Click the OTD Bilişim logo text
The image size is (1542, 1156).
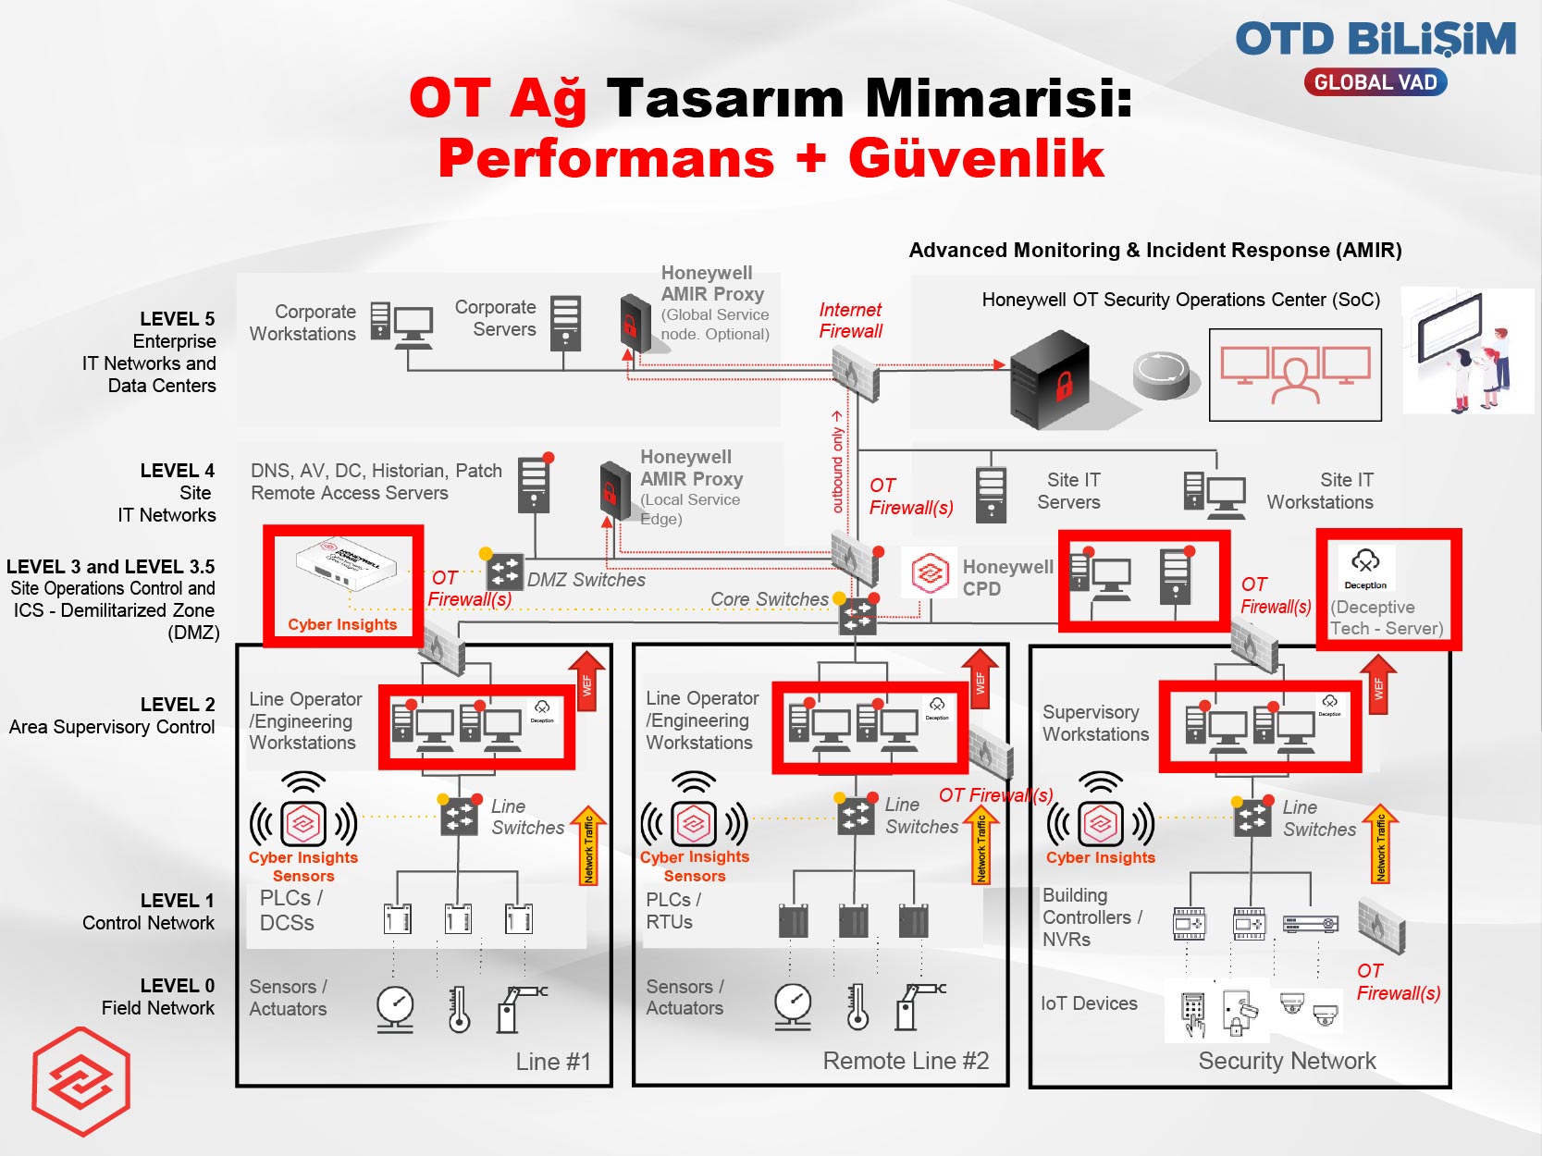[x=1375, y=41]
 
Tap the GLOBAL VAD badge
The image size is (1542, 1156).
[x=1375, y=82]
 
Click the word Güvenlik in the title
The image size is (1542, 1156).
[x=976, y=159]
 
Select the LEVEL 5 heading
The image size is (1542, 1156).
[x=177, y=319]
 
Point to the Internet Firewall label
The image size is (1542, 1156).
[x=850, y=320]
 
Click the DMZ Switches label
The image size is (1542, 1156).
[x=586, y=580]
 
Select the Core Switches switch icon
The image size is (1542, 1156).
[x=857, y=616]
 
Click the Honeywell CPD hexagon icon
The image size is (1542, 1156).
[x=930, y=574]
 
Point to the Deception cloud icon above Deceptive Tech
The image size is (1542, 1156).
[x=1365, y=560]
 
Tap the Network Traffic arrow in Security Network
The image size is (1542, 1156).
[x=1380, y=843]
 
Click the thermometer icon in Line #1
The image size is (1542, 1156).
[x=459, y=1009]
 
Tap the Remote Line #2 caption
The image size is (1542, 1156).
[x=906, y=1061]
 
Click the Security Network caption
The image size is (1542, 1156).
[x=1287, y=1061]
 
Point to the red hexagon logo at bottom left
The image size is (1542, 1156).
[x=81, y=1081]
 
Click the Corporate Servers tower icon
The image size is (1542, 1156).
[x=565, y=324]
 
